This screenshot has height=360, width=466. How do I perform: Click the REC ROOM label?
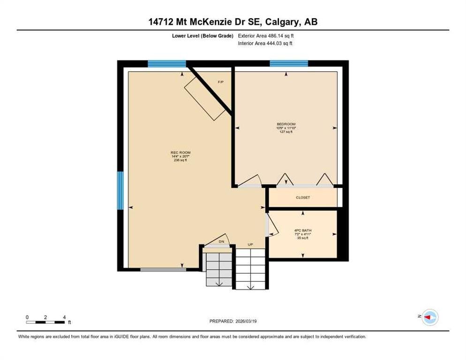180,152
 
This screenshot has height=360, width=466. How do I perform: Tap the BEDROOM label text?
286,124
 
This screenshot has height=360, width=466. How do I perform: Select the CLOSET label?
303,197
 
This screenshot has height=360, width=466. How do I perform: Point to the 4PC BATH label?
303,230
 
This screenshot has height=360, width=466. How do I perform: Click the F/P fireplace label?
220,82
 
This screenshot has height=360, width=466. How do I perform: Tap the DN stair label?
221,242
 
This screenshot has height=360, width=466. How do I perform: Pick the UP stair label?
250,245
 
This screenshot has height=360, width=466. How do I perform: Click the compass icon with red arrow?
430,317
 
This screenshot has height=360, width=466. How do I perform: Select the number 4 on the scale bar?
64,317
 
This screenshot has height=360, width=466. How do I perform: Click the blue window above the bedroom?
289,63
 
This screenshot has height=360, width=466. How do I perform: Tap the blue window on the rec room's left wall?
120,191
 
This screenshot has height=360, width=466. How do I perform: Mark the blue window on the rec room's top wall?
167,64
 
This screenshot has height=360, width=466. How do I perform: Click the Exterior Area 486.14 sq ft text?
266,36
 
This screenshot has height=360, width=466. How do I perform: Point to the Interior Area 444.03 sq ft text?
265,44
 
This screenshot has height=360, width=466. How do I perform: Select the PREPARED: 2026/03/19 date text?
233,322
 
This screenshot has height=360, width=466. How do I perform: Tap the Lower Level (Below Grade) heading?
203,36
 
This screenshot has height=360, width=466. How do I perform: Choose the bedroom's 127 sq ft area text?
286,132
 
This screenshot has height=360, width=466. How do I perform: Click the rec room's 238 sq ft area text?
180,160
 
